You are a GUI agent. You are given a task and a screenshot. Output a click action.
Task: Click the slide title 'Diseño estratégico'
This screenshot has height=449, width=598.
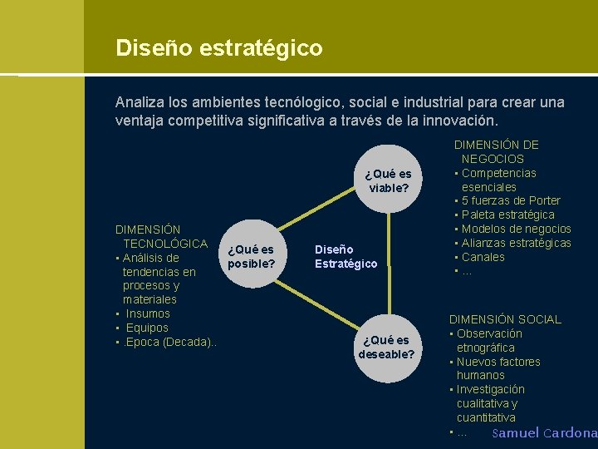click(219, 48)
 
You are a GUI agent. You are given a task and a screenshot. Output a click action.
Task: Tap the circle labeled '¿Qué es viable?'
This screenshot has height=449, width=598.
click(389, 180)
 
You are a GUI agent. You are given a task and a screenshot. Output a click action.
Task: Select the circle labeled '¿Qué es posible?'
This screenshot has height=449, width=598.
click(251, 256)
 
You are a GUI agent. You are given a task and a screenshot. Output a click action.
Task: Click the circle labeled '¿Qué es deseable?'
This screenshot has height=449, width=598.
click(386, 347)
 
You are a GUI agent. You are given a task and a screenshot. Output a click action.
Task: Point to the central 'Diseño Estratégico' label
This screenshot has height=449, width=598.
click(346, 256)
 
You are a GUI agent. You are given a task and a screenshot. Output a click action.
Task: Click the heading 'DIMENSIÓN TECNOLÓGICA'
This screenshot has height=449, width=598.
click(161, 236)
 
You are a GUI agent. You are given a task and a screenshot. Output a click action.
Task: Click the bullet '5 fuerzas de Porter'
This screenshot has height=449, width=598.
click(510, 200)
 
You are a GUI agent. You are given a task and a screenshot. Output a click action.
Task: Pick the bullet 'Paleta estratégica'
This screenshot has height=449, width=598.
click(507, 215)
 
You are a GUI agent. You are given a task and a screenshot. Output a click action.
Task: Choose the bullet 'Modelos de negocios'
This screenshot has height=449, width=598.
click(516, 229)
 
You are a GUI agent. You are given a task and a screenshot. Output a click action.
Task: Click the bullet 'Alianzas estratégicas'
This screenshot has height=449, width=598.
click(516, 243)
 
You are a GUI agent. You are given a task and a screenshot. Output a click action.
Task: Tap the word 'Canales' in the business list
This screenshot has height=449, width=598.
click(483, 257)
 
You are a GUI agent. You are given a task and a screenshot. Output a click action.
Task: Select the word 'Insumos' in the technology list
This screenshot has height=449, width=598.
click(148, 313)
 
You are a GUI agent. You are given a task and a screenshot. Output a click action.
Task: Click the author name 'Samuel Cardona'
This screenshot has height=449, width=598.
click(544, 433)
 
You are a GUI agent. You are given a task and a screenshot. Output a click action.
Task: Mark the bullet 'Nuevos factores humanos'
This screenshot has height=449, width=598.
click(498, 368)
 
